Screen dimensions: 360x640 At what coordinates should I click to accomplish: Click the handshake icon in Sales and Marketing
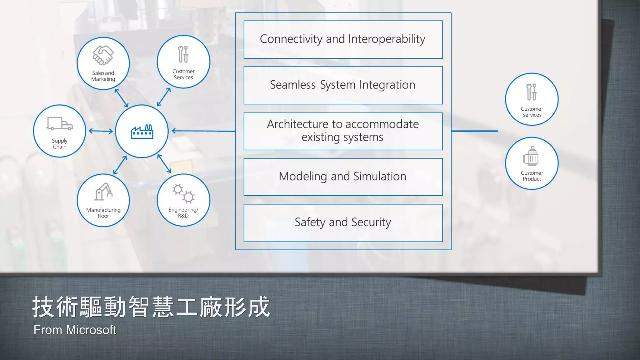(x=103, y=55)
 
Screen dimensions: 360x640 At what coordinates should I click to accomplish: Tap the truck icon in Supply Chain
(x=60, y=123)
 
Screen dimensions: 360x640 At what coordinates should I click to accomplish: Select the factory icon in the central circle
(x=142, y=132)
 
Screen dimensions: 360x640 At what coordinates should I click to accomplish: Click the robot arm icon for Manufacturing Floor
(x=103, y=192)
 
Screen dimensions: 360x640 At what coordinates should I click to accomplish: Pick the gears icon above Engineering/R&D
(x=183, y=193)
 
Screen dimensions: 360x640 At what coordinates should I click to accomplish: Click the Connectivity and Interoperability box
(x=343, y=39)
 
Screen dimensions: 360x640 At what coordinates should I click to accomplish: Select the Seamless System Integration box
(x=343, y=85)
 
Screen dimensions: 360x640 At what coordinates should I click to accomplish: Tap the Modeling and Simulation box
(x=343, y=177)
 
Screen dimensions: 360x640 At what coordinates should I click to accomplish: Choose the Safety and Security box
(x=343, y=222)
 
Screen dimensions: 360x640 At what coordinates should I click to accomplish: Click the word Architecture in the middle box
(x=297, y=124)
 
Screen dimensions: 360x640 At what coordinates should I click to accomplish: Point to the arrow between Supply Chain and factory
(x=101, y=131)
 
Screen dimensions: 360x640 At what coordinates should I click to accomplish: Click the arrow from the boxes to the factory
(x=203, y=131)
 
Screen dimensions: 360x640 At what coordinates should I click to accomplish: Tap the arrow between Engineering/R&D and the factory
(x=164, y=163)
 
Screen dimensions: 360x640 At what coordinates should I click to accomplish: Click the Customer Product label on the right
(x=532, y=176)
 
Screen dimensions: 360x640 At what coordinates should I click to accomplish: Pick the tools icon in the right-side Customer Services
(x=531, y=92)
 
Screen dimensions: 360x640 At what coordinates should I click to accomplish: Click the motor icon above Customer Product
(x=531, y=157)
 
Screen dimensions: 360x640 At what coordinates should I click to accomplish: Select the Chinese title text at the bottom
(x=151, y=307)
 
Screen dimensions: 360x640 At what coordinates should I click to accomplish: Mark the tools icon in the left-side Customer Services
(x=183, y=54)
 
